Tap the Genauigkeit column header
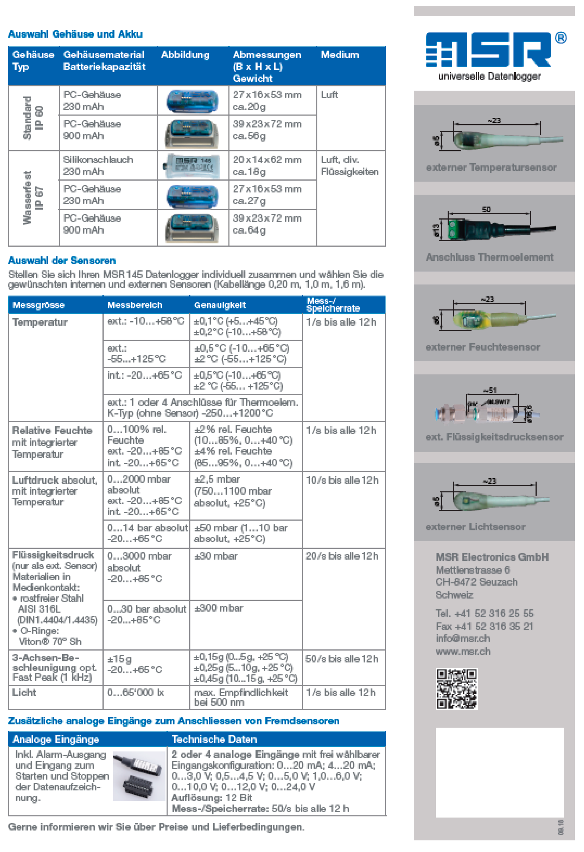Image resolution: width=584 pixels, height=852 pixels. coord(220,305)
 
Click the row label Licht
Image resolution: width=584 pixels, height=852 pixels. coord(24,693)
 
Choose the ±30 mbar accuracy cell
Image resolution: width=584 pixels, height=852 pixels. coord(216,556)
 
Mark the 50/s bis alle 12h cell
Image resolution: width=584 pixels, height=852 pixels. coord(341,659)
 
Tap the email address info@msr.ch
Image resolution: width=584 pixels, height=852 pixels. coord(463,638)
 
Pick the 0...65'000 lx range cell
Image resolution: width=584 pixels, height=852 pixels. coord(135,693)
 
